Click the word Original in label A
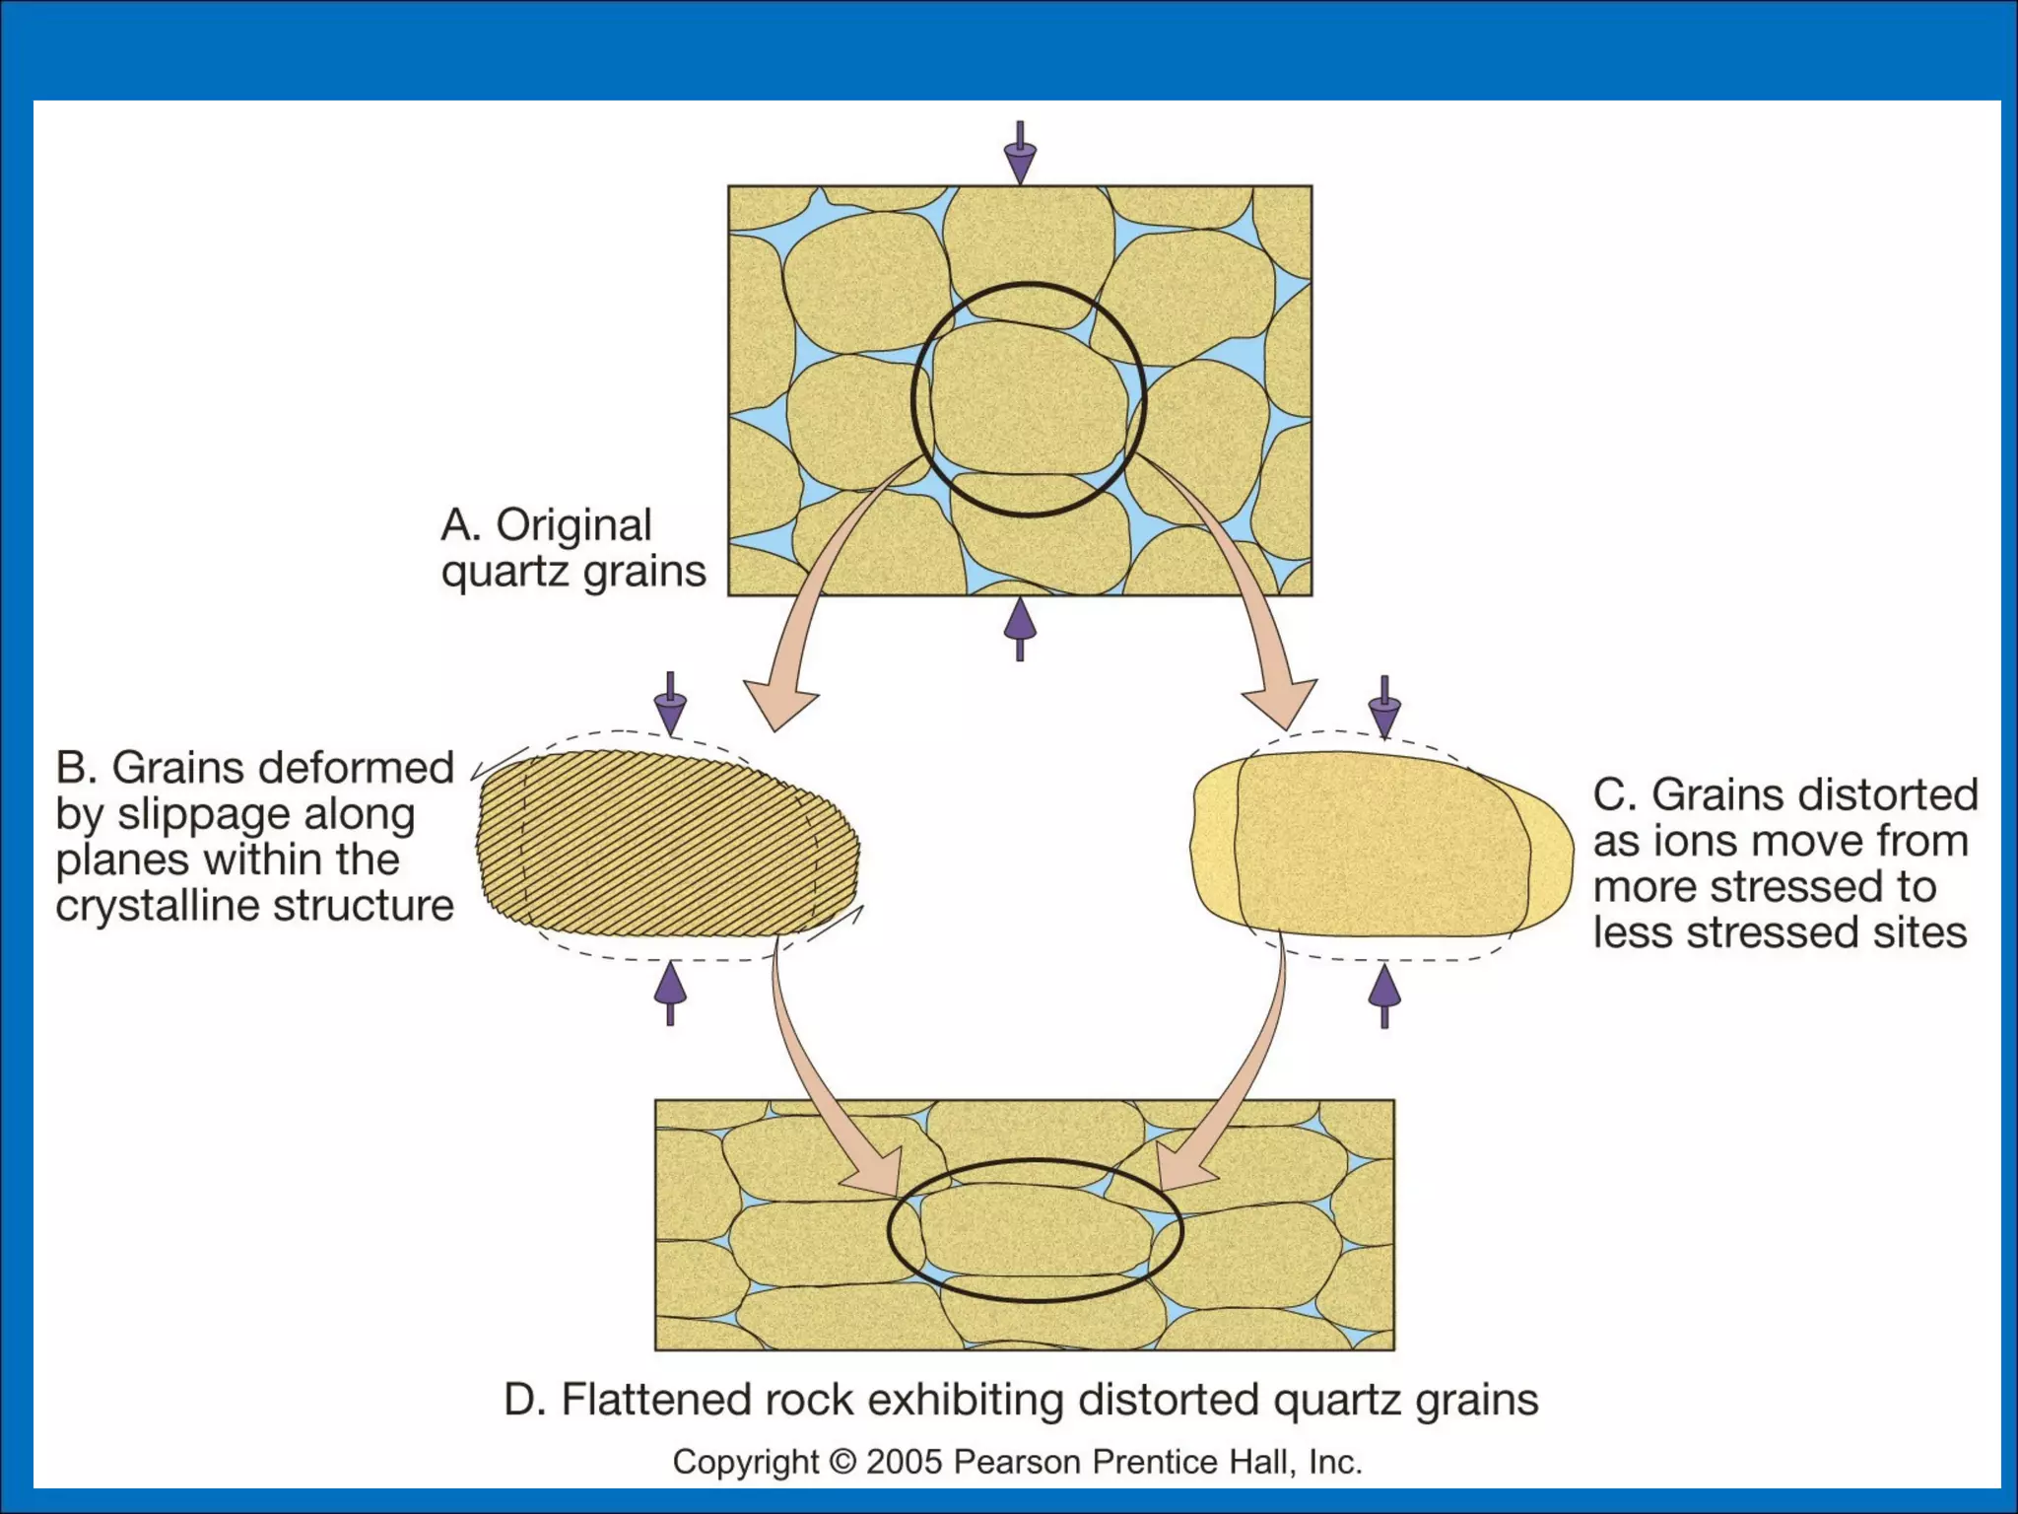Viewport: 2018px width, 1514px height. [573, 525]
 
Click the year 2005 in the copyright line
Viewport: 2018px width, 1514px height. [905, 1462]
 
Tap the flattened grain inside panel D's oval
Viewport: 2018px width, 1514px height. [1035, 1231]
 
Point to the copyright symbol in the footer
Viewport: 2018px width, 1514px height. [842, 1462]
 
